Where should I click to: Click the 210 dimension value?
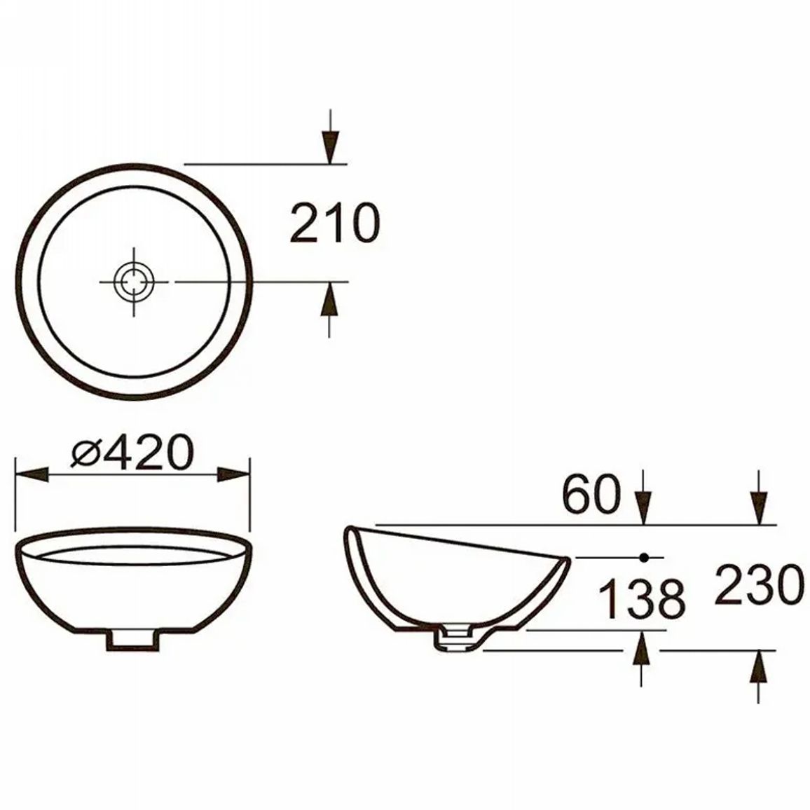coord(335,223)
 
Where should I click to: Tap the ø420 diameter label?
coord(132,453)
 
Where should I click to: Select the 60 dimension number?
coord(591,494)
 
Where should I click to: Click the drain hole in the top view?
coord(134,282)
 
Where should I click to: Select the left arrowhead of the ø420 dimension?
coord(32,475)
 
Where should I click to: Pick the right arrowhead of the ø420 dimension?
coord(233,475)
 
